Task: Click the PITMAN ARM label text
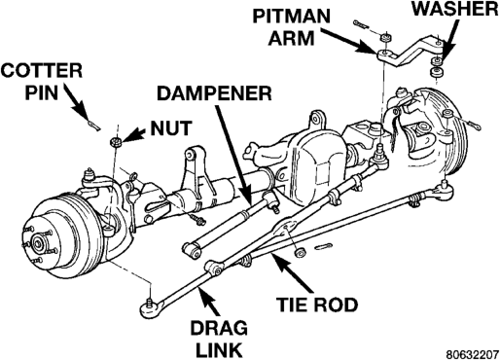(x=291, y=27)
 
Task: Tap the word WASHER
(x=455, y=9)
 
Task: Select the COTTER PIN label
(x=41, y=81)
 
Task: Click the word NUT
(x=171, y=128)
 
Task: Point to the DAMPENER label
(x=214, y=93)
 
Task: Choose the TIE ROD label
(x=317, y=305)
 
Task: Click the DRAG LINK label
(x=219, y=339)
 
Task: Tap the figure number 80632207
(x=472, y=354)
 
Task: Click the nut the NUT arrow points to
(x=116, y=142)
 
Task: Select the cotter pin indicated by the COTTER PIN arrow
(x=93, y=125)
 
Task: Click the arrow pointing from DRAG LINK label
(x=208, y=302)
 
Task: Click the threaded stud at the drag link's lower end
(x=149, y=301)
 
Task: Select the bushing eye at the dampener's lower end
(x=191, y=249)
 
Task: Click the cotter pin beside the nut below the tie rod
(x=323, y=246)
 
